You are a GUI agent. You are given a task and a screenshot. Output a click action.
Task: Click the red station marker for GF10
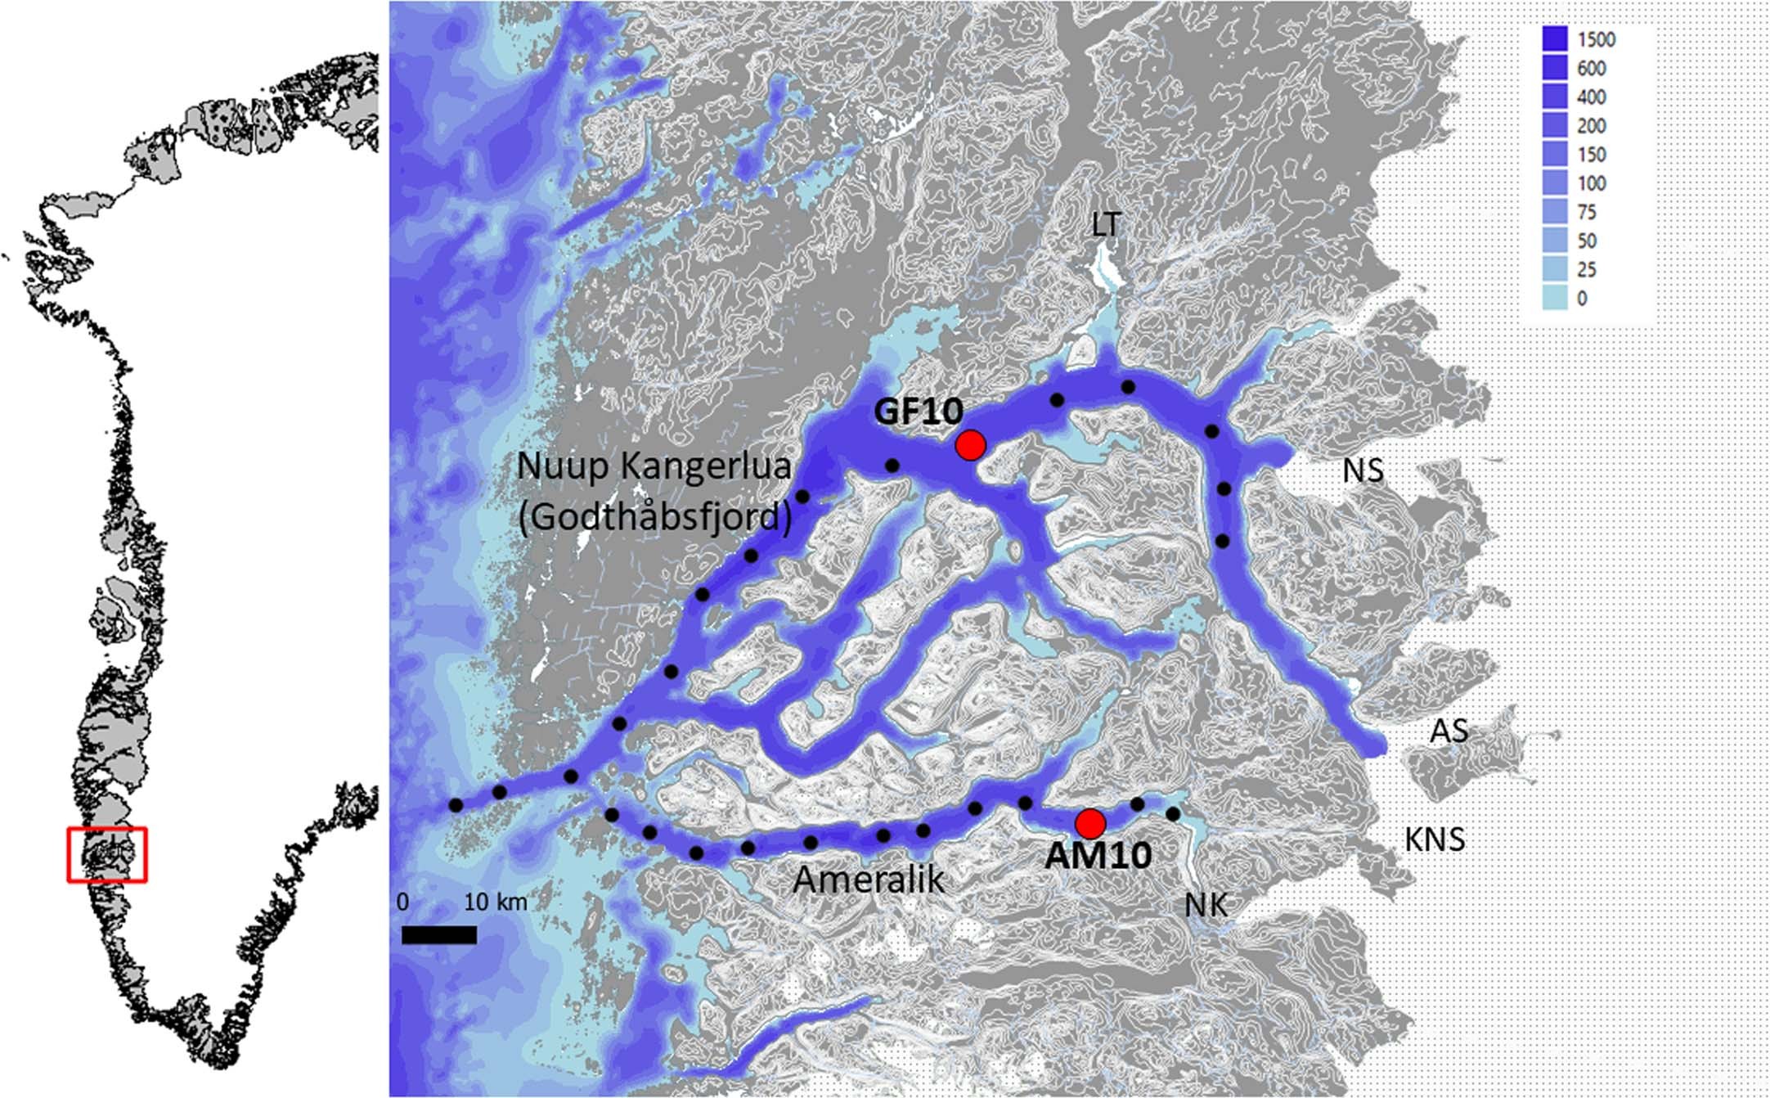[x=971, y=445]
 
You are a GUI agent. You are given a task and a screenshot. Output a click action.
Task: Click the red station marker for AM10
[x=1090, y=822]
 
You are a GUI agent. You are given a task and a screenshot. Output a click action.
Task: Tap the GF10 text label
[x=918, y=412]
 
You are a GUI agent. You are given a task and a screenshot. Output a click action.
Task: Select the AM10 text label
[x=1098, y=856]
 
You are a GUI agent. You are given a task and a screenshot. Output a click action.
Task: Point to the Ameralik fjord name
[x=869, y=880]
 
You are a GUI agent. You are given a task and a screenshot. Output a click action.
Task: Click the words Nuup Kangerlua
[x=654, y=466]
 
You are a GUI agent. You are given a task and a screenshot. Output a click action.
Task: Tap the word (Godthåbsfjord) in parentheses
[x=655, y=517]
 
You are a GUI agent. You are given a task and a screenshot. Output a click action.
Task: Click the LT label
[x=1105, y=225]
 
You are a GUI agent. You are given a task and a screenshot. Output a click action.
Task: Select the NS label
[x=1363, y=470]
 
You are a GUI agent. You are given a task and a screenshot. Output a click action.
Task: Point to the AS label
[x=1449, y=731]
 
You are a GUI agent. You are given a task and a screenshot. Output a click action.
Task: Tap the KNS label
[x=1435, y=839]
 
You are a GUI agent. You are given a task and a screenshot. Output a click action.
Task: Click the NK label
[x=1206, y=906]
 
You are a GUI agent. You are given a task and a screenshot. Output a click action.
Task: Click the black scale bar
[x=439, y=935]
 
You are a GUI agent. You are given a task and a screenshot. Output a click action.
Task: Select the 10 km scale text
[x=496, y=902]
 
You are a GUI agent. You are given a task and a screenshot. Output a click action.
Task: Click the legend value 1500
[x=1596, y=40]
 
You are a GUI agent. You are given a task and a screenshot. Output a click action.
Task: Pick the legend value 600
[x=1592, y=69]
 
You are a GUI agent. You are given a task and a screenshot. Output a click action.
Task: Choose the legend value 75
[x=1587, y=212]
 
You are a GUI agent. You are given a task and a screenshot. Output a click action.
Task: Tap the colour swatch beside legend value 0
[x=1554, y=298]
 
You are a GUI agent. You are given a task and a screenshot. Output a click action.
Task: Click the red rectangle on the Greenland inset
[x=107, y=854]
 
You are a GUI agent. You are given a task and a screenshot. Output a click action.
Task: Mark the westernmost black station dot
[x=456, y=806]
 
